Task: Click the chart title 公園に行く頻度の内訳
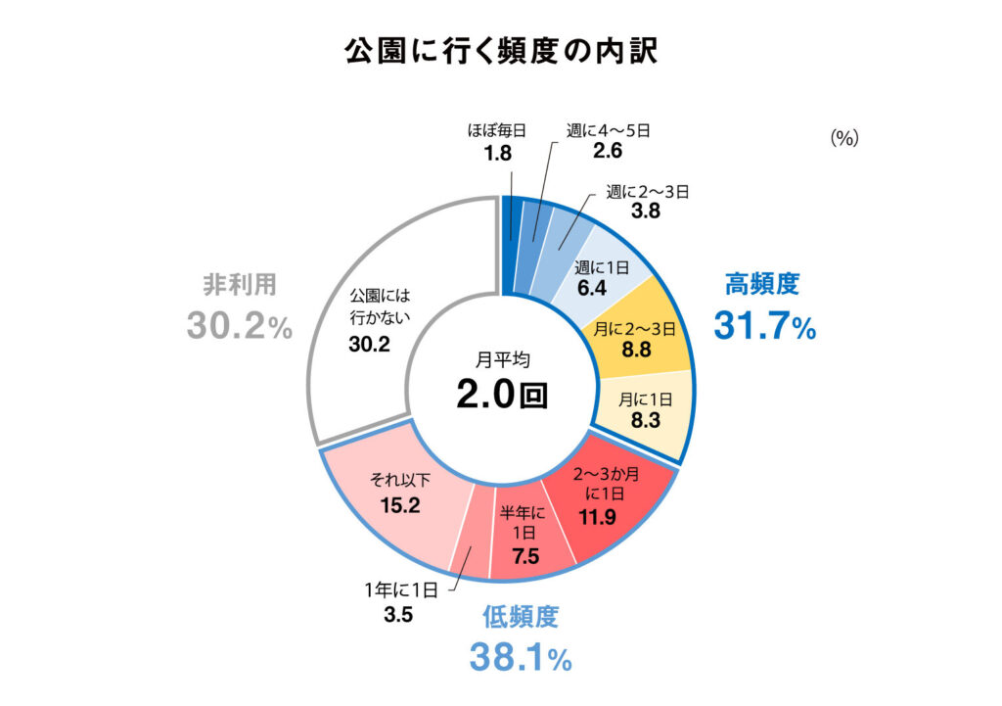pos(500,52)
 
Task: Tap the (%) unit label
pos(843,139)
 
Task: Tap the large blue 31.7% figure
pos(764,326)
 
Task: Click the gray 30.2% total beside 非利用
pos(240,326)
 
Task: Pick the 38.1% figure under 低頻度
pos(520,657)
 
